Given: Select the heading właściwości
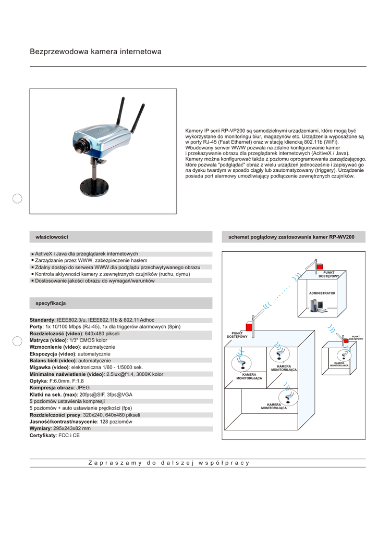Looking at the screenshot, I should [52, 237].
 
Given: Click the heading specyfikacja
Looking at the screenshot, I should [51, 303].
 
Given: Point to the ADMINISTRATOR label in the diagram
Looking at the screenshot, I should [322, 294].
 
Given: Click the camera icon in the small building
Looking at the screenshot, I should [344, 354].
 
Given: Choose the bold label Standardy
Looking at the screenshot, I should [42, 320].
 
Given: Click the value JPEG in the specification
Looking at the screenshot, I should [83, 388].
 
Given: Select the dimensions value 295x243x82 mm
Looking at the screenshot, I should [72, 428].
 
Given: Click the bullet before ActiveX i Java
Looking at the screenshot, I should [32, 254].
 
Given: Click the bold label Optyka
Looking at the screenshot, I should [38, 381].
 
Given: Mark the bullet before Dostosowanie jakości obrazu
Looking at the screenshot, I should [32, 281].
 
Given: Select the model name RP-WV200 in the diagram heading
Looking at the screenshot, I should [342, 237].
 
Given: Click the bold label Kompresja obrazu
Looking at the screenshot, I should [52, 388].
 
